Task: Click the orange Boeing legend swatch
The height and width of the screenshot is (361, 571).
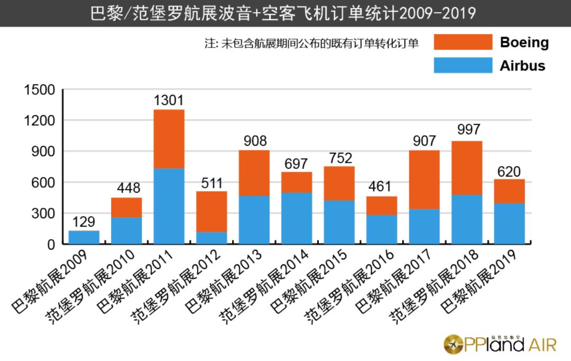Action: click(x=463, y=42)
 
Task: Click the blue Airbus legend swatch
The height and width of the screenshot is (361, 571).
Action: click(x=463, y=65)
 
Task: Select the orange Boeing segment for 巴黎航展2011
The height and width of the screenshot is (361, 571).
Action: click(x=169, y=139)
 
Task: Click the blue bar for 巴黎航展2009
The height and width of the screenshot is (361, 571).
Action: click(x=84, y=237)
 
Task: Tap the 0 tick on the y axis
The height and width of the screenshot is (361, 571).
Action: click(x=50, y=244)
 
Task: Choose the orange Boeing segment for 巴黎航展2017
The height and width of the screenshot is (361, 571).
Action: click(x=424, y=180)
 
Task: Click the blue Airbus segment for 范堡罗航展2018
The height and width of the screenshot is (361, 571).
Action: click(x=467, y=219)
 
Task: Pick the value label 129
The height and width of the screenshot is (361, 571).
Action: click(x=84, y=221)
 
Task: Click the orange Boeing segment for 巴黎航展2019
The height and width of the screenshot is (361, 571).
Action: click(x=510, y=191)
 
